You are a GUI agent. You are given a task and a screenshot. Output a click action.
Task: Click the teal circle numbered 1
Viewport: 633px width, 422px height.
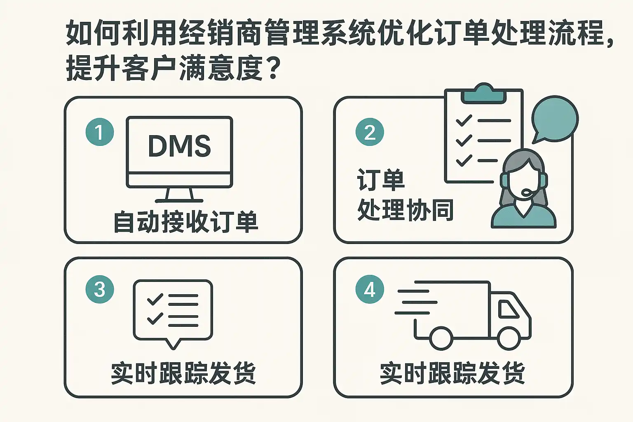100,132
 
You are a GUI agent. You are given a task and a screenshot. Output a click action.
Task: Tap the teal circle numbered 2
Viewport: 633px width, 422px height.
370,132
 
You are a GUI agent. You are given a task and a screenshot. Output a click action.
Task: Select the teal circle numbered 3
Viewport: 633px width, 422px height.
100,289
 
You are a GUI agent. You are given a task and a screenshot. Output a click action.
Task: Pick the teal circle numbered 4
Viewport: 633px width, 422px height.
370,289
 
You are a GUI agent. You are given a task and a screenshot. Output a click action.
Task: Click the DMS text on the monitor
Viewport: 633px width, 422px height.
179,146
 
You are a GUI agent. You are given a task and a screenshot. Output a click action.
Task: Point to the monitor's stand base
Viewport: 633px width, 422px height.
179,201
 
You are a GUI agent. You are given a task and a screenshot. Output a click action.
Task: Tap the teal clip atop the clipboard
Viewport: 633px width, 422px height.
483,93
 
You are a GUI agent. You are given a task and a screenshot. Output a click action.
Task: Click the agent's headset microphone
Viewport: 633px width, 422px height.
525,193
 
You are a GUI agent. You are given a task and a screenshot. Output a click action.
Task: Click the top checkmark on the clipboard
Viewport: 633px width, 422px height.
464,120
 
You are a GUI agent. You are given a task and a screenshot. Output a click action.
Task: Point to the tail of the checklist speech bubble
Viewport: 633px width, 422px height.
173,344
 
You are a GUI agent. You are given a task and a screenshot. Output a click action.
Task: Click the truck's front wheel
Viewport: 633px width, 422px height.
509,338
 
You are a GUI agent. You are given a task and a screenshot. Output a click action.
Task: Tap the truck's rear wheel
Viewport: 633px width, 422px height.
441,338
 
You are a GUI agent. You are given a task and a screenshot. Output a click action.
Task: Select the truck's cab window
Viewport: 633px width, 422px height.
508,309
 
